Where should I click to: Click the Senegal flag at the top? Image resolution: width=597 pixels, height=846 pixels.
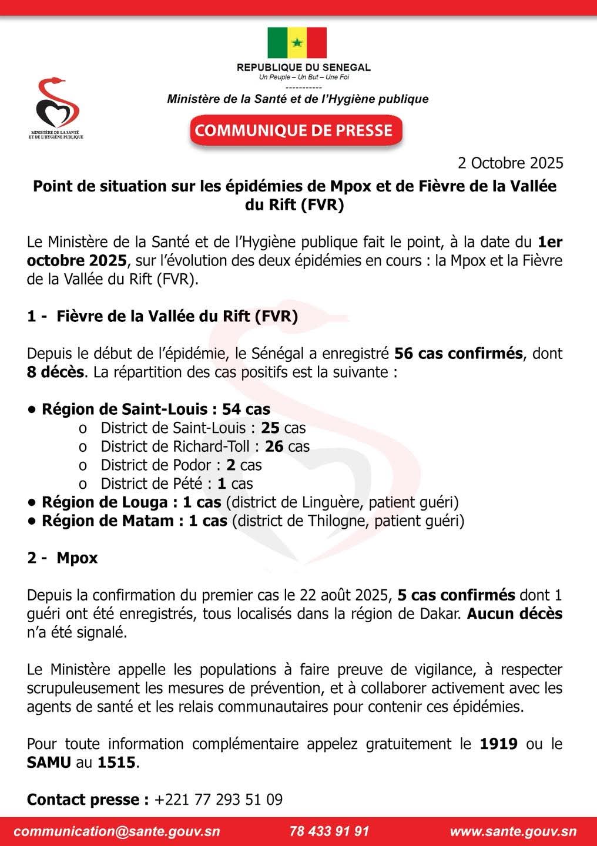297,42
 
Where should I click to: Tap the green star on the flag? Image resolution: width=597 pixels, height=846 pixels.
297,42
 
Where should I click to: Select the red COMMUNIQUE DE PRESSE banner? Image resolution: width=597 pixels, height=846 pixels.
296,130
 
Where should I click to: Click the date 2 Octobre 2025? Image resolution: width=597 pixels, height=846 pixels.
511,163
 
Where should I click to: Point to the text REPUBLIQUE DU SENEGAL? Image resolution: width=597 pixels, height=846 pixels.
303,68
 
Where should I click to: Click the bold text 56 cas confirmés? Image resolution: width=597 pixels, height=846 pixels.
458,354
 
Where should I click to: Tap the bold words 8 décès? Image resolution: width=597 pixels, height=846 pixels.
55,372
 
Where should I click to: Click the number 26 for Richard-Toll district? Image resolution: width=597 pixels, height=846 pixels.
274,446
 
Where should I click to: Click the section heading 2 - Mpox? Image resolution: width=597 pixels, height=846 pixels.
62,558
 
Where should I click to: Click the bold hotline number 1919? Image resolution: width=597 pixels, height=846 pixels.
498,744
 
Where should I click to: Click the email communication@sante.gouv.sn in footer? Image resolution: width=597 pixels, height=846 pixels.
116,831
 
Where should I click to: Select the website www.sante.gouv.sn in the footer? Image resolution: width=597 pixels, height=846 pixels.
513,831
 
